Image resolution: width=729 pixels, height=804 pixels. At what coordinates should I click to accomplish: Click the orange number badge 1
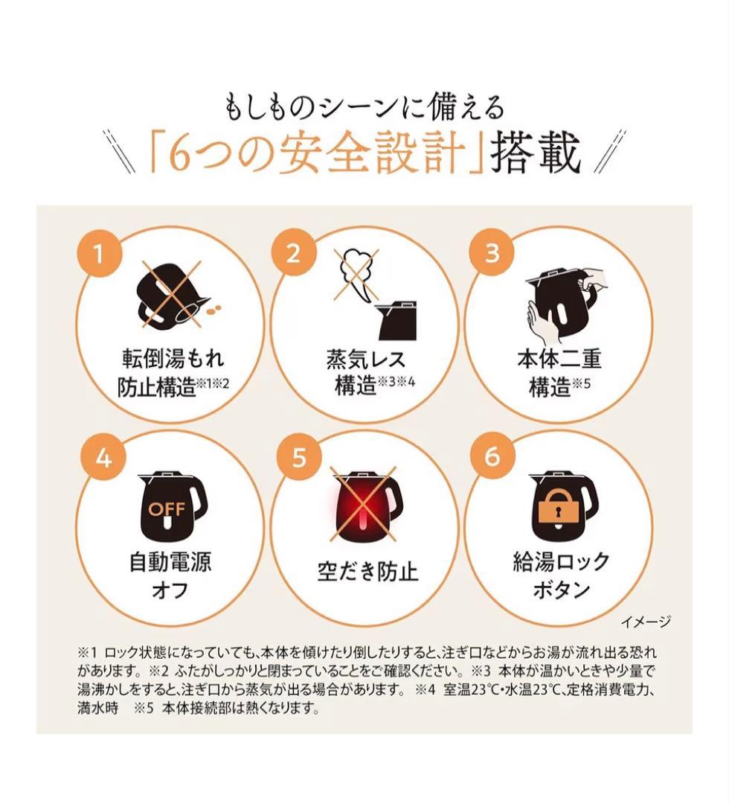point(99,253)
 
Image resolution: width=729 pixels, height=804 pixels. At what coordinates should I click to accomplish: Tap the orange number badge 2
point(293,253)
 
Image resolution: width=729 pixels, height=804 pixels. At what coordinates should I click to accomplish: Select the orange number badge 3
point(492,252)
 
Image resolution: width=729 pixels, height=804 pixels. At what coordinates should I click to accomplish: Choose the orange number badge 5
point(299,456)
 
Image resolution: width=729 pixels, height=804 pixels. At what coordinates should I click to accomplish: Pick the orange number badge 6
point(492,456)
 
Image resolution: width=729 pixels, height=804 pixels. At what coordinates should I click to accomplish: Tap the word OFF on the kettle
point(167,509)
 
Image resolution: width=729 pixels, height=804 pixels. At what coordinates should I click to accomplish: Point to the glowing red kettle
point(366,505)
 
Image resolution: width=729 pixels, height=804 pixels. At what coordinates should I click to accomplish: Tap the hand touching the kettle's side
point(541,322)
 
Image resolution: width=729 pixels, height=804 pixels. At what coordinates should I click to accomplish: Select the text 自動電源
point(170,561)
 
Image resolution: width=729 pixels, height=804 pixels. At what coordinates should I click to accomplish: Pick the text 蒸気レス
point(366,359)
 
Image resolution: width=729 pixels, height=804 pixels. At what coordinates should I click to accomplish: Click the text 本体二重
point(559,359)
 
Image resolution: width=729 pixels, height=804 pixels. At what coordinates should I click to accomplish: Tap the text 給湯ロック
point(561,561)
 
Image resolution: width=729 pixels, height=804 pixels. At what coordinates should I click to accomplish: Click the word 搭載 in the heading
point(536,153)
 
